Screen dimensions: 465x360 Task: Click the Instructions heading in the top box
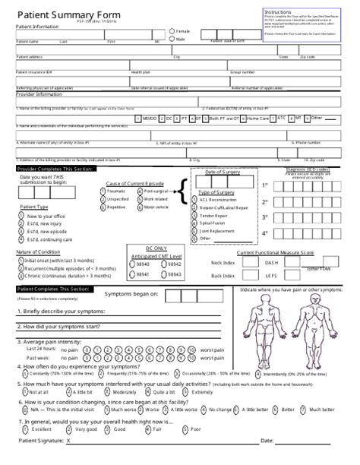pyautogui.click(x=277, y=13)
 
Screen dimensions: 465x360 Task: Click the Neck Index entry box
pyautogui.click(x=250, y=262)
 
